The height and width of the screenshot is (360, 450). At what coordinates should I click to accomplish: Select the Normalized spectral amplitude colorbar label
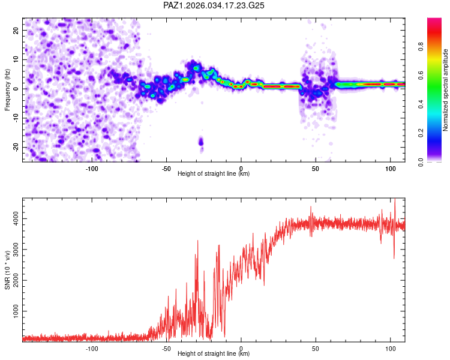[446, 90]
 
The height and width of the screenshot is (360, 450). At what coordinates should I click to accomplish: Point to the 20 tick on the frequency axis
[16, 30]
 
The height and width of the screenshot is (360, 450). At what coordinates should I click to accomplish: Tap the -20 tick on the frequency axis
[15, 147]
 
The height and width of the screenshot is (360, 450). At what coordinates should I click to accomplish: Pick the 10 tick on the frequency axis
[16, 59]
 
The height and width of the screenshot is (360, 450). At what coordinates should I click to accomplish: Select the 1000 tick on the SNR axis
[13, 311]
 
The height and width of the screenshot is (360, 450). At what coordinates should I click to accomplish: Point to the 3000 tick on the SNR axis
[13, 251]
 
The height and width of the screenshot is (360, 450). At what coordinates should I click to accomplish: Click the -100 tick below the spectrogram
[92, 168]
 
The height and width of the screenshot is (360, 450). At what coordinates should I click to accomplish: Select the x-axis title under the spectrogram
[214, 174]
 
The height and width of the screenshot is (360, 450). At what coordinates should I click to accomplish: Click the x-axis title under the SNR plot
[214, 354]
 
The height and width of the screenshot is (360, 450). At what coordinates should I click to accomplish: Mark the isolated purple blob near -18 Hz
[201, 142]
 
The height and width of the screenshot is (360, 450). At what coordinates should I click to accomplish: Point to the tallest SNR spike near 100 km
[394, 201]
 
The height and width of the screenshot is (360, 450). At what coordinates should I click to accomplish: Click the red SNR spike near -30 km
[197, 241]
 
